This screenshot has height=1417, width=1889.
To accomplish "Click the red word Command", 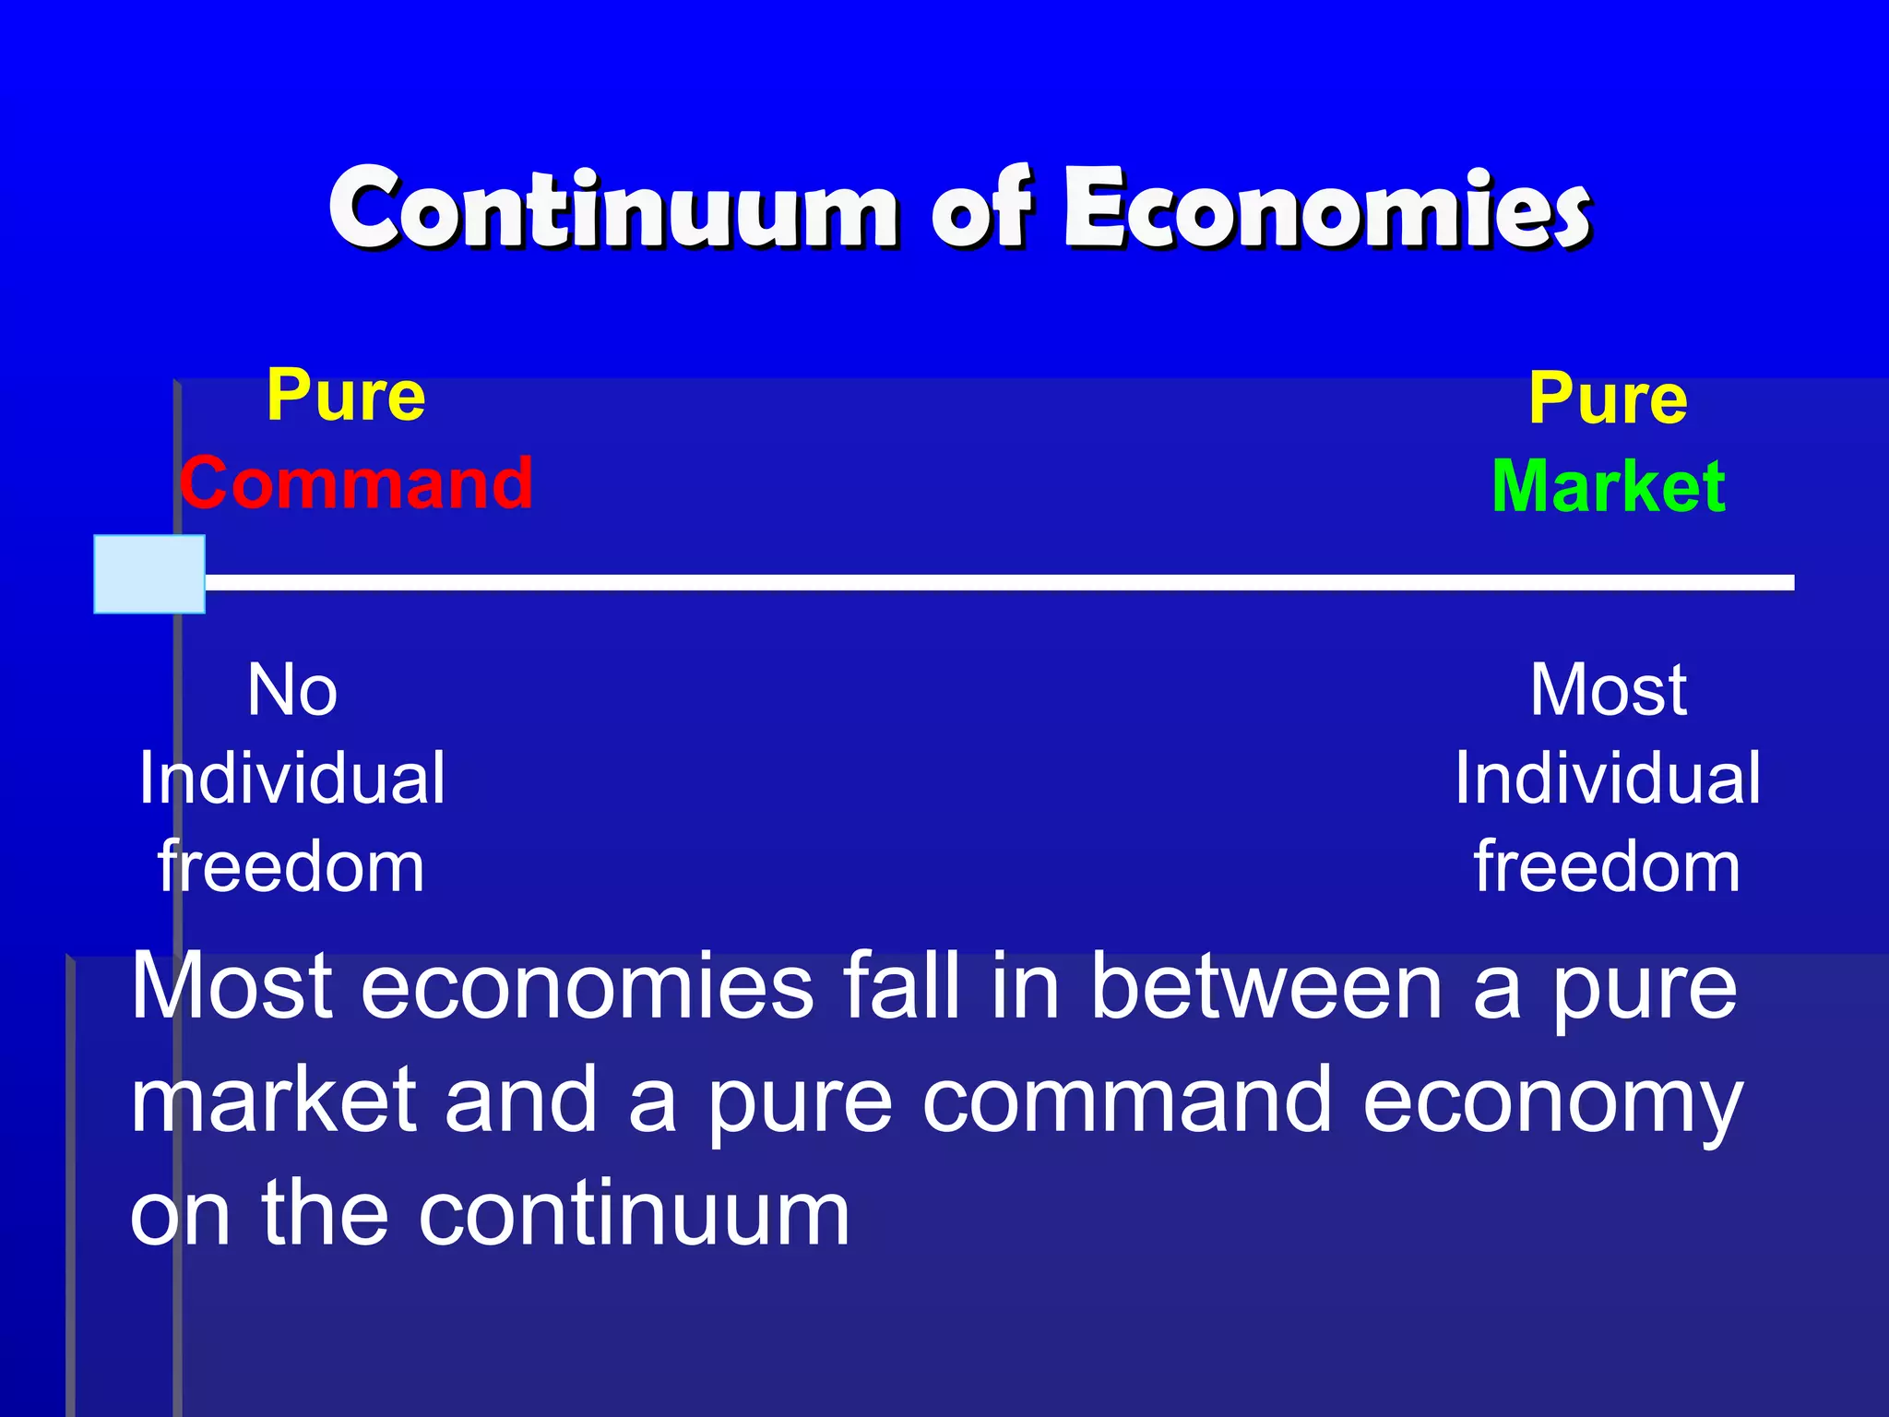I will pyautogui.click(x=356, y=482).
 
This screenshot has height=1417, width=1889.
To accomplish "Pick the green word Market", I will pyautogui.click(x=1609, y=486).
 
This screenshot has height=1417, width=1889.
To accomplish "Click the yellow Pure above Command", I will pyautogui.click(x=346, y=396).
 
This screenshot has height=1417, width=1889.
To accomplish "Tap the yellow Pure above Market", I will pyautogui.click(x=1608, y=399).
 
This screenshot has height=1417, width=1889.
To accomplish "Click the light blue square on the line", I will pyautogui.click(x=149, y=574).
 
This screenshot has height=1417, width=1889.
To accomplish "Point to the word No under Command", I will pyautogui.click(x=292, y=690).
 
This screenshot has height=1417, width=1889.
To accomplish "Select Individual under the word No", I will pyautogui.click(x=292, y=779).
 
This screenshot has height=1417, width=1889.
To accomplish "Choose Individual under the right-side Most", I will pyautogui.click(x=1608, y=779).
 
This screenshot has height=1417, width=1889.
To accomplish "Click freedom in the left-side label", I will pyautogui.click(x=291, y=867).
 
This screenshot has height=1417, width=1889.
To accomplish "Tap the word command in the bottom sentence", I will pyautogui.click(x=1127, y=1101).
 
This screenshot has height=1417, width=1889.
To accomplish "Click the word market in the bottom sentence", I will pyautogui.click(x=274, y=1101).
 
